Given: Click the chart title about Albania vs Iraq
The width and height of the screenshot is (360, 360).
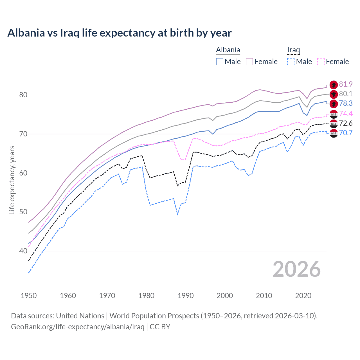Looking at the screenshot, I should (120, 33).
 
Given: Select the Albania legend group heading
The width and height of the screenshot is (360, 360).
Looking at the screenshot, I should (228, 50).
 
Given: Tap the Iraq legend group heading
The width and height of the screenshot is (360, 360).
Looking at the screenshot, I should (293, 50).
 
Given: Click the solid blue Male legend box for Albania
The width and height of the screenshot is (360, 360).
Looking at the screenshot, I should (220, 62).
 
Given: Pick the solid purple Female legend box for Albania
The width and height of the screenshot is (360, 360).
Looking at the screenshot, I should (249, 62).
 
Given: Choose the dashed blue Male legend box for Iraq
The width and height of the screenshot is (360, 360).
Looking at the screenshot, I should (291, 62).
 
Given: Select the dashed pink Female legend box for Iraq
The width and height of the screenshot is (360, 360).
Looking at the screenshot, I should (321, 62).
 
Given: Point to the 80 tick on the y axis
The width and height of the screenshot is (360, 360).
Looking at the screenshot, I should (23, 95).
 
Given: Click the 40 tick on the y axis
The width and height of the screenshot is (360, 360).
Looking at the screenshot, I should (23, 251).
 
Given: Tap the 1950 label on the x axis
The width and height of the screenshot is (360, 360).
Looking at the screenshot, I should (29, 296).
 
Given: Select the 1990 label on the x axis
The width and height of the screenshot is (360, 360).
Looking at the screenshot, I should (186, 296).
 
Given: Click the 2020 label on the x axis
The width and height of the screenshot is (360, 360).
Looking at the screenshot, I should (303, 296).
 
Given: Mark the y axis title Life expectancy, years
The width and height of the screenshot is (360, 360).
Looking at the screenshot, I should (12, 180).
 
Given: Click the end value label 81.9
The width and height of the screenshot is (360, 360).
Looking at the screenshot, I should (346, 84).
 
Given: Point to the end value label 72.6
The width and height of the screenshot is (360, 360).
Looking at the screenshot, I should (346, 123).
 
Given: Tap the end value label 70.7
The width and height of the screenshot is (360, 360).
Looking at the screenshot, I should (346, 133).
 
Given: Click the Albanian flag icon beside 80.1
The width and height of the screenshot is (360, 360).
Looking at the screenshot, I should (334, 94).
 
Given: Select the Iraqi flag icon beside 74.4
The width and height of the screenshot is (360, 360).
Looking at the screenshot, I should (334, 114).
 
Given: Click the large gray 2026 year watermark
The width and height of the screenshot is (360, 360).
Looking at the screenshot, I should (297, 269).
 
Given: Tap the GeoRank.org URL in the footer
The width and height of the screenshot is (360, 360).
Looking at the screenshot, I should (78, 327).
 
